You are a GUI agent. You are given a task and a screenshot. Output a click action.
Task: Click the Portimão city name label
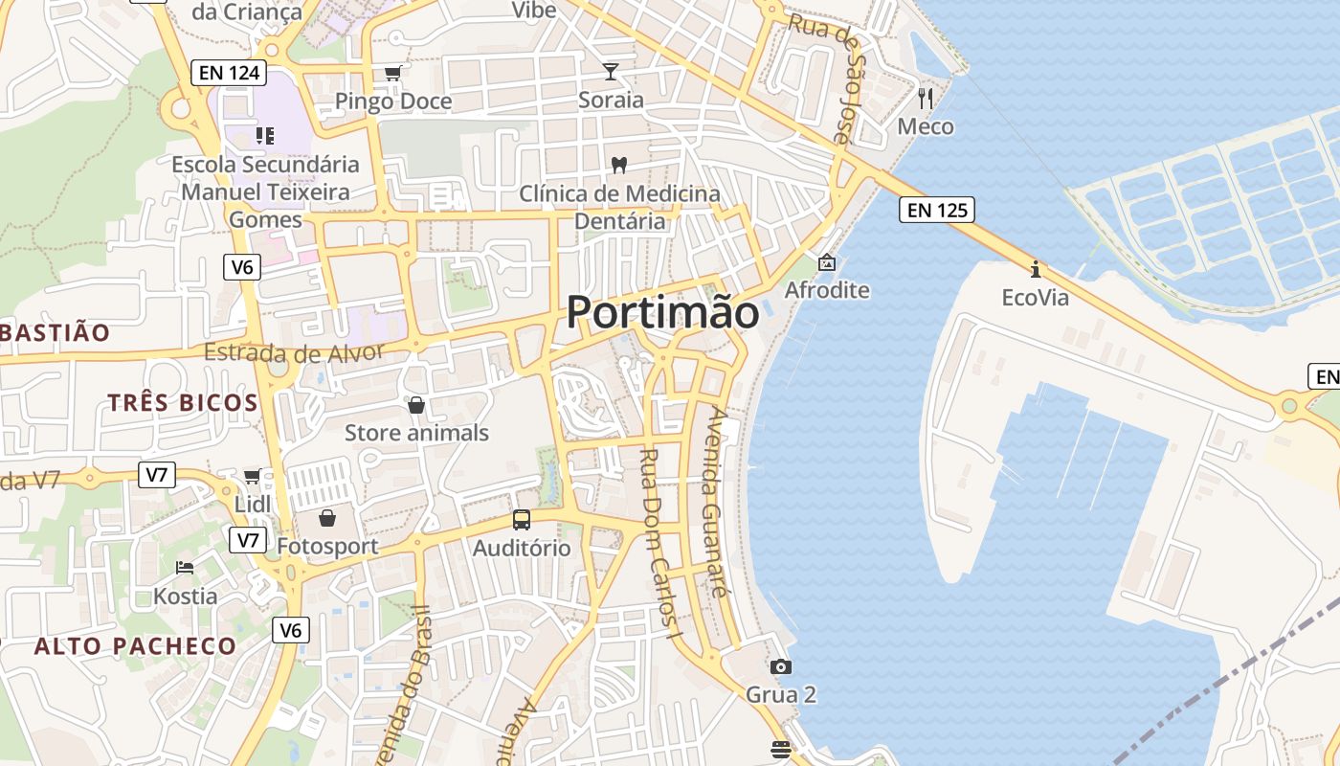click(x=662, y=312)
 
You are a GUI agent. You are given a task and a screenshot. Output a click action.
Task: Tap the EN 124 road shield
click(x=228, y=72)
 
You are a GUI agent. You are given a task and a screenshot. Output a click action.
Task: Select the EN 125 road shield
click(x=937, y=210)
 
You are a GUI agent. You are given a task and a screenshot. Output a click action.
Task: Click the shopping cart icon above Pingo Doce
click(x=392, y=73)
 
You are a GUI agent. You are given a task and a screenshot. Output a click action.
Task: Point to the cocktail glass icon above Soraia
click(x=611, y=71)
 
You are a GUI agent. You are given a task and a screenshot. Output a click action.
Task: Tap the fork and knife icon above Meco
click(x=925, y=97)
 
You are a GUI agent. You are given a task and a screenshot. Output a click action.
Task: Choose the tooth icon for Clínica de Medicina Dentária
click(x=618, y=165)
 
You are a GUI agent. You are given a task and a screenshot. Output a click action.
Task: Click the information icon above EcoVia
click(x=1035, y=268)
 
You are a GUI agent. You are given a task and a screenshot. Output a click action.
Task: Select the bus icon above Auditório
click(x=521, y=520)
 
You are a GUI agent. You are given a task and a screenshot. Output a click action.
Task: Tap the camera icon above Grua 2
click(x=781, y=666)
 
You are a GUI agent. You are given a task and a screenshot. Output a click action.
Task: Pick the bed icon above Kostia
click(x=185, y=568)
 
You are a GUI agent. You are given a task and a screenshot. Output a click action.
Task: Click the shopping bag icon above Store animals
click(x=415, y=405)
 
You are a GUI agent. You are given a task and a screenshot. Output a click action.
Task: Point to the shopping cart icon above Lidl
click(x=252, y=476)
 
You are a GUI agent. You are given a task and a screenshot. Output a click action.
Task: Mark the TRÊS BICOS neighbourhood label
click(x=183, y=402)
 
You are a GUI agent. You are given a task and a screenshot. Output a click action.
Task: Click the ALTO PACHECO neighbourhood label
click(x=135, y=646)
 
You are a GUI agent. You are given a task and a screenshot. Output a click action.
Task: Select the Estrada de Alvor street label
click(x=294, y=352)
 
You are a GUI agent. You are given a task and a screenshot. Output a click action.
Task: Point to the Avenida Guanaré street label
click(x=717, y=502)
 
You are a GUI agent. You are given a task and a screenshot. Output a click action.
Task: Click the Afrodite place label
click(x=827, y=290)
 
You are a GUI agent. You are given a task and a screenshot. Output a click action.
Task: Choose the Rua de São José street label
click(x=833, y=81)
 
